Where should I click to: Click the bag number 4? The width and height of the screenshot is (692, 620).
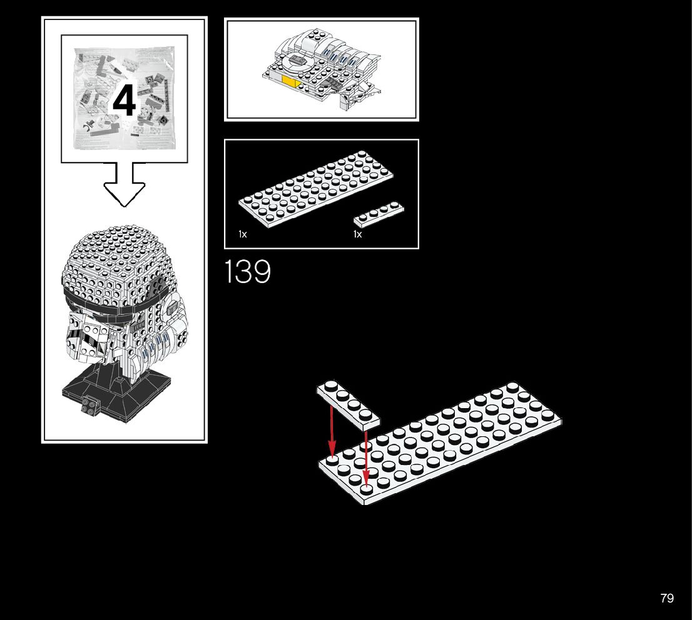point(124,102)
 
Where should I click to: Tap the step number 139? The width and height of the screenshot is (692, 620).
point(248,272)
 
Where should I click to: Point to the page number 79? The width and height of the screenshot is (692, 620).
point(667,598)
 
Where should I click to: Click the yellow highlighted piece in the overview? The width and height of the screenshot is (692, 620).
point(290,82)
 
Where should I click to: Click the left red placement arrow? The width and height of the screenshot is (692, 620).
point(332,431)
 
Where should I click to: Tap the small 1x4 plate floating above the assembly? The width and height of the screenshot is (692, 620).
point(348,404)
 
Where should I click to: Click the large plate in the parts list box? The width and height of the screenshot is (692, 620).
point(316,187)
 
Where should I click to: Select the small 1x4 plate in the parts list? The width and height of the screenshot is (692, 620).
point(379,213)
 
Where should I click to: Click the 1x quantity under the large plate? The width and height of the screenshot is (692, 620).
point(243,234)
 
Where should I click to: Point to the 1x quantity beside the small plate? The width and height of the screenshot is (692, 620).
point(358,234)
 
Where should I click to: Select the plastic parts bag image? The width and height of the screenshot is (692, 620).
point(124,98)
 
